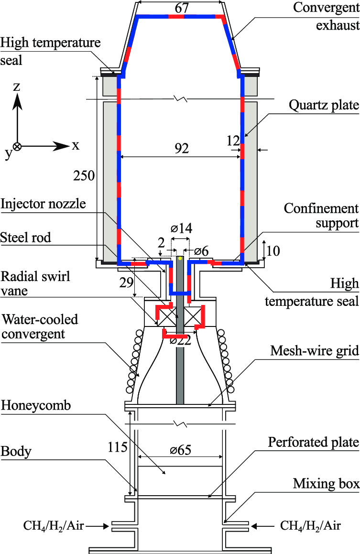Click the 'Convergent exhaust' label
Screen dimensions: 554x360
[x=326, y=15]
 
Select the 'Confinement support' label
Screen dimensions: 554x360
[x=321, y=216]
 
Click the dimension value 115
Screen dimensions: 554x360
[x=118, y=447]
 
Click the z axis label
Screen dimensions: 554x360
[x=17, y=87]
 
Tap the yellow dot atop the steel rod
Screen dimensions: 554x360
[x=180, y=258]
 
